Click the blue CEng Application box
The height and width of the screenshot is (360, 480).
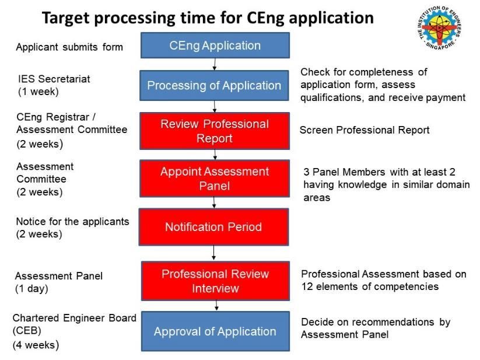(215, 46)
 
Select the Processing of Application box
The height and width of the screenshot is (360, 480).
(214, 85)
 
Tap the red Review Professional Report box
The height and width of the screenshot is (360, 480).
(215, 131)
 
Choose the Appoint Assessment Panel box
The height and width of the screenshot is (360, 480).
(215, 179)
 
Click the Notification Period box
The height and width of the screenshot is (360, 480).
(213, 227)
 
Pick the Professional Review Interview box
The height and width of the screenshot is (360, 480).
(215, 281)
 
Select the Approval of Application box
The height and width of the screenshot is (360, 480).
(215, 331)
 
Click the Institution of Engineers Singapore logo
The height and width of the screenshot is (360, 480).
(439, 28)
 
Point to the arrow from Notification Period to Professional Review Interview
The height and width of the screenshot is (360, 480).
(213, 253)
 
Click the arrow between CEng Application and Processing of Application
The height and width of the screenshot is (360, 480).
(215, 64)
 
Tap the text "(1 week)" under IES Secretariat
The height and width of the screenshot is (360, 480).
(38, 92)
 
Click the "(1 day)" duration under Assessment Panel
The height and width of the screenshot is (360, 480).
(31, 289)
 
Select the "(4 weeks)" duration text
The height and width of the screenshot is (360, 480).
(36, 345)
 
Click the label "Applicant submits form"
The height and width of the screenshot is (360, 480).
(69, 47)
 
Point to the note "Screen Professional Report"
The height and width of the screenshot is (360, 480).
(365, 130)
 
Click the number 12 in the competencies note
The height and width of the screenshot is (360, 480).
(307, 286)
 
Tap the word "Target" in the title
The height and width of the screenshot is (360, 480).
(66, 18)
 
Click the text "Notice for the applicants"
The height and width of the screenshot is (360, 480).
(72, 221)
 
